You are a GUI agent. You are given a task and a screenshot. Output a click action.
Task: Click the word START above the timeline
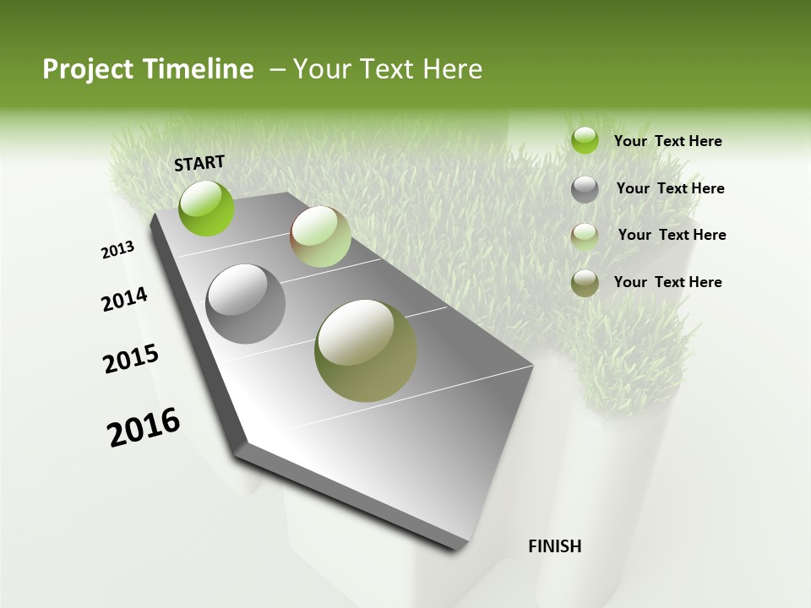tap(199, 163)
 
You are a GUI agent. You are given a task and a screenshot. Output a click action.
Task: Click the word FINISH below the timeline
tap(555, 546)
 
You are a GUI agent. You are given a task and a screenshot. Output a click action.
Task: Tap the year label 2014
tap(125, 300)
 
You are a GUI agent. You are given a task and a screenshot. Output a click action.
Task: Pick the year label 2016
tap(144, 426)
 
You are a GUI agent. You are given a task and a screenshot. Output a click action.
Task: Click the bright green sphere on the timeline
tap(207, 208)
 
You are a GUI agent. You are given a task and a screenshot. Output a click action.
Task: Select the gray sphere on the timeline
tap(246, 304)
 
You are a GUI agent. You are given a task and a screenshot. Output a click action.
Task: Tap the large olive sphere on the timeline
tap(366, 350)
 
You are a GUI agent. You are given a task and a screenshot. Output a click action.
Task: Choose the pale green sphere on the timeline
tap(320, 236)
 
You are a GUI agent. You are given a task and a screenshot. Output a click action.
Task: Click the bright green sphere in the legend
tap(585, 140)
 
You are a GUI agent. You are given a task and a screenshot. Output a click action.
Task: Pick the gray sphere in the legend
tap(585, 189)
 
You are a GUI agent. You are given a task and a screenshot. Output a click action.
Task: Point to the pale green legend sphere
tap(585, 236)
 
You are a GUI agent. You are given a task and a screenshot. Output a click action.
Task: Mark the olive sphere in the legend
tap(585, 283)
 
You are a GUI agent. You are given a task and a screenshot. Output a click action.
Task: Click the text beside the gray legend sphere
tap(670, 188)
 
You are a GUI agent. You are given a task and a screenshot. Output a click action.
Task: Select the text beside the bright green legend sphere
tap(667, 141)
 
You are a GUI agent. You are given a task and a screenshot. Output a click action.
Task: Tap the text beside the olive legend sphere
tap(667, 282)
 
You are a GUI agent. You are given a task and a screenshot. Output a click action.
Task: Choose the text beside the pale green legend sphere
tap(672, 235)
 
